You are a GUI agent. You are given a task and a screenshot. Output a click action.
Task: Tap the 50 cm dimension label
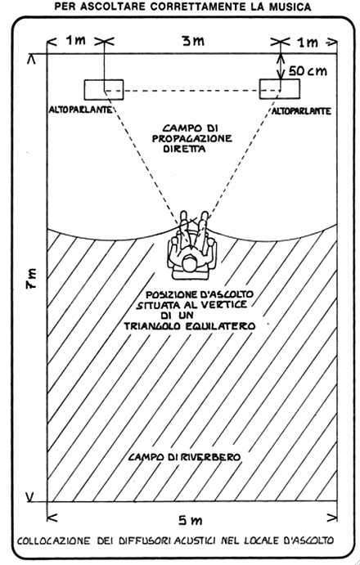(308, 71)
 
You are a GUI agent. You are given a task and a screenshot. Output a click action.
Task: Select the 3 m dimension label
(193, 42)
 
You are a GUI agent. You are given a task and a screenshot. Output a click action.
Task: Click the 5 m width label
(191, 520)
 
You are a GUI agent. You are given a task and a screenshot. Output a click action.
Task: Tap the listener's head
(190, 262)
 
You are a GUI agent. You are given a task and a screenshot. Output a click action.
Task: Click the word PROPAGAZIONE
(192, 139)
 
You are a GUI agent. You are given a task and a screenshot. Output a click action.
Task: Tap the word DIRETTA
(184, 149)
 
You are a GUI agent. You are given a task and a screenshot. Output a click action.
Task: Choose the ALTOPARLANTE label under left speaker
(80, 110)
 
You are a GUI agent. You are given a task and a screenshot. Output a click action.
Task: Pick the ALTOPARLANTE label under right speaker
(301, 111)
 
